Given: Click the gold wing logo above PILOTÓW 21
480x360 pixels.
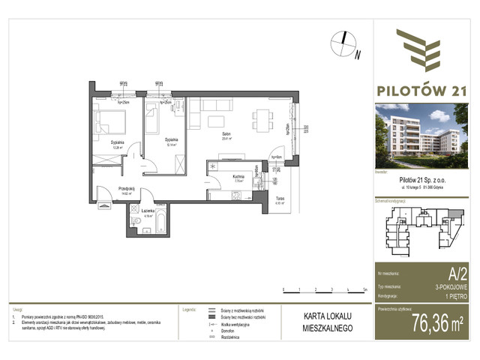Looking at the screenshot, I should click(425, 49).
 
